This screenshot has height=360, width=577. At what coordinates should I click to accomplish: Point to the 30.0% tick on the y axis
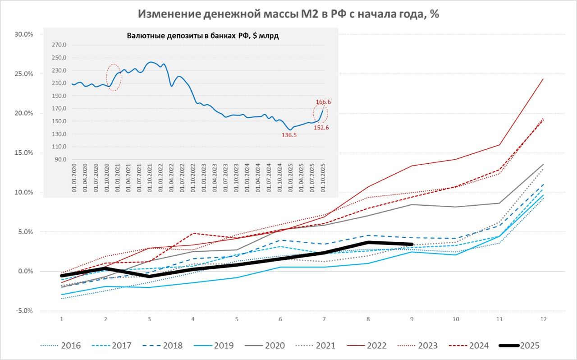(23, 34)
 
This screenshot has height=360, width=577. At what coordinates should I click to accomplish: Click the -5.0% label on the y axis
(23, 311)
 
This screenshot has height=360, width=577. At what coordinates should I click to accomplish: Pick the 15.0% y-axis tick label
(23, 153)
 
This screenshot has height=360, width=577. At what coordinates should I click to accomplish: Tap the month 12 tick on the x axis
(543, 319)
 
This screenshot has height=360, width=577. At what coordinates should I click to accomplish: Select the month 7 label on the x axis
(324, 319)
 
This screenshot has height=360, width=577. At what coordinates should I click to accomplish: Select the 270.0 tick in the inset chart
(60, 45)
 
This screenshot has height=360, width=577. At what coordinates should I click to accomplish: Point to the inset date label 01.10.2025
(323, 179)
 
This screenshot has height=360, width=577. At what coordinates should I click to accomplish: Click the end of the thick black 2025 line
(412, 244)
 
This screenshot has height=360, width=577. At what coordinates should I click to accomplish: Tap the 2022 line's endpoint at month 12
(543, 79)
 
